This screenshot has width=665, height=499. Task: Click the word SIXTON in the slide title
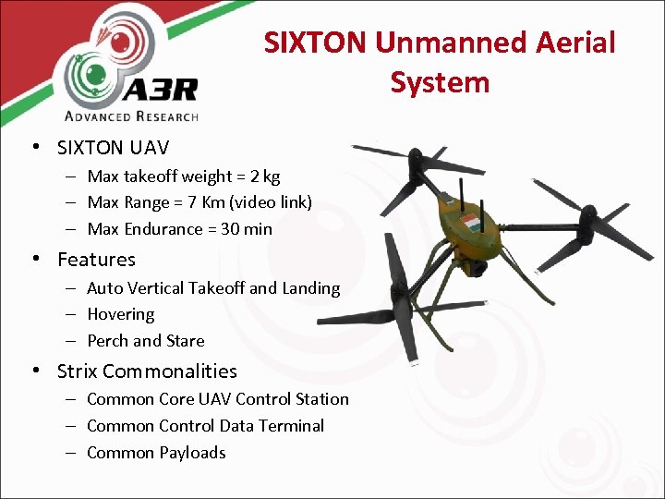[316, 43]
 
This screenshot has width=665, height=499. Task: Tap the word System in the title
[440, 82]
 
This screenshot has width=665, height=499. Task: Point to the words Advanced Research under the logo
[131, 116]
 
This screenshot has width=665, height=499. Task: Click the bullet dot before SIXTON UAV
[34, 147]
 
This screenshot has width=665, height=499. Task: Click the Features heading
[96, 260]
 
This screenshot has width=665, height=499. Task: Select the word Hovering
[120, 314]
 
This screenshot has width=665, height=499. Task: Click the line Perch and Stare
[145, 341]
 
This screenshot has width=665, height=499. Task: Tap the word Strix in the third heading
[77, 371]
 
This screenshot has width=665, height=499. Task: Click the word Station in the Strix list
[322, 399]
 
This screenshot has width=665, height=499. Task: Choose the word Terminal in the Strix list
[292, 426]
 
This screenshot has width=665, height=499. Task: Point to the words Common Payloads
[156, 453]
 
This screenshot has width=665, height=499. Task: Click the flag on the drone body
[470, 223]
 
